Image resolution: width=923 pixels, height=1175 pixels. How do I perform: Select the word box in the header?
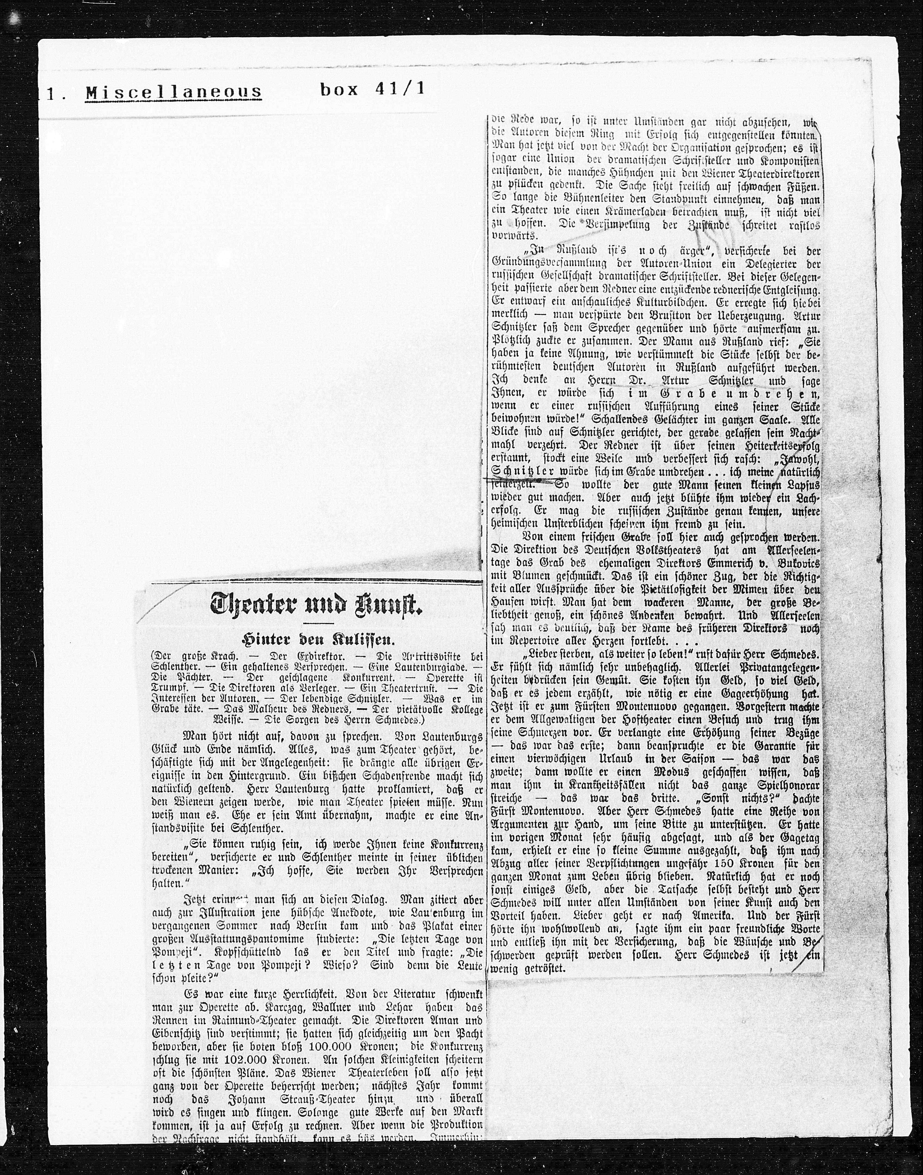pyautogui.click(x=339, y=89)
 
